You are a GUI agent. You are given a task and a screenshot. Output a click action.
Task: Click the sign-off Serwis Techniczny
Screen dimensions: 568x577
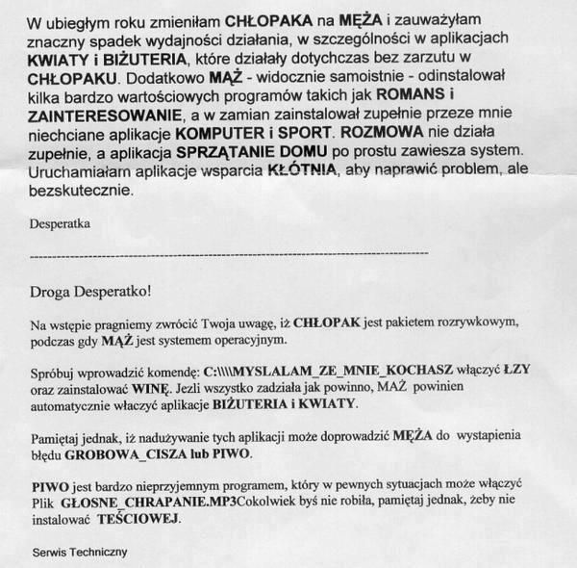79,553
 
